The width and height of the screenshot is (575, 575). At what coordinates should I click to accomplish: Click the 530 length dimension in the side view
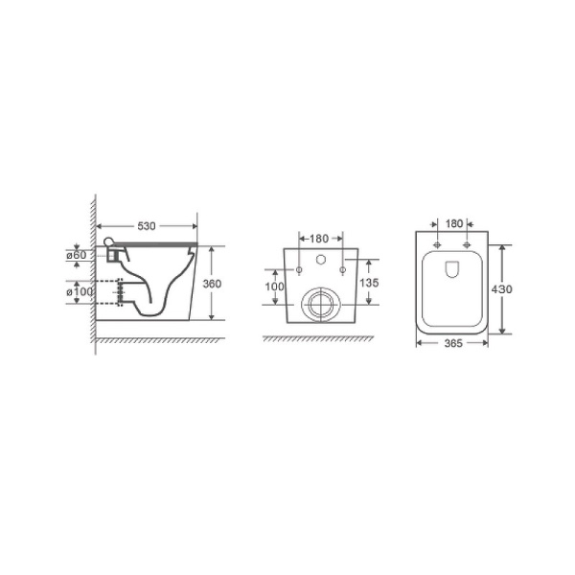[x=147, y=226]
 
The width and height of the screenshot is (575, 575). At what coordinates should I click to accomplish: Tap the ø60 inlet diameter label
[x=77, y=255]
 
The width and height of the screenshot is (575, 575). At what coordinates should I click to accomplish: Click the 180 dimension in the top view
[x=453, y=224]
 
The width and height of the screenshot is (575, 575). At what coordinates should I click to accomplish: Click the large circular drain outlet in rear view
[x=319, y=305]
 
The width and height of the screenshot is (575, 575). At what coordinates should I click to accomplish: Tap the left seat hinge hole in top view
[x=438, y=244]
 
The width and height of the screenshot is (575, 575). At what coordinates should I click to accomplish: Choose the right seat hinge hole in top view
[x=467, y=244]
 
